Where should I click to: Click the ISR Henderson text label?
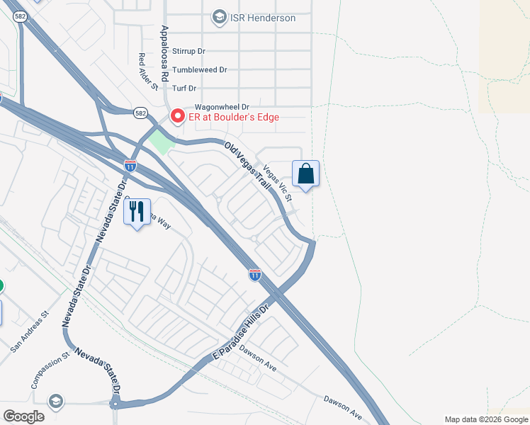coord(262,18)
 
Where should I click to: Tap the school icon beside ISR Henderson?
coord(220,17)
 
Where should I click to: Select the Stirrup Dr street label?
coord(188,51)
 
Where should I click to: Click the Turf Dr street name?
coord(184,89)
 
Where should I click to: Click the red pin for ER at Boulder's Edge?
coord(176,115)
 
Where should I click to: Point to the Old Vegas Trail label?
coord(247,165)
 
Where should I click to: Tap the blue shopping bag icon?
coord(305,174)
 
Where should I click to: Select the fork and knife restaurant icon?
coord(137,210)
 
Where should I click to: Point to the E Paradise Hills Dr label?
coord(242,332)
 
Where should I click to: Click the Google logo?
coord(23,416)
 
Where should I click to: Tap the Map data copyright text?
coord(486,419)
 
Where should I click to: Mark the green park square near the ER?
coord(162,142)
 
